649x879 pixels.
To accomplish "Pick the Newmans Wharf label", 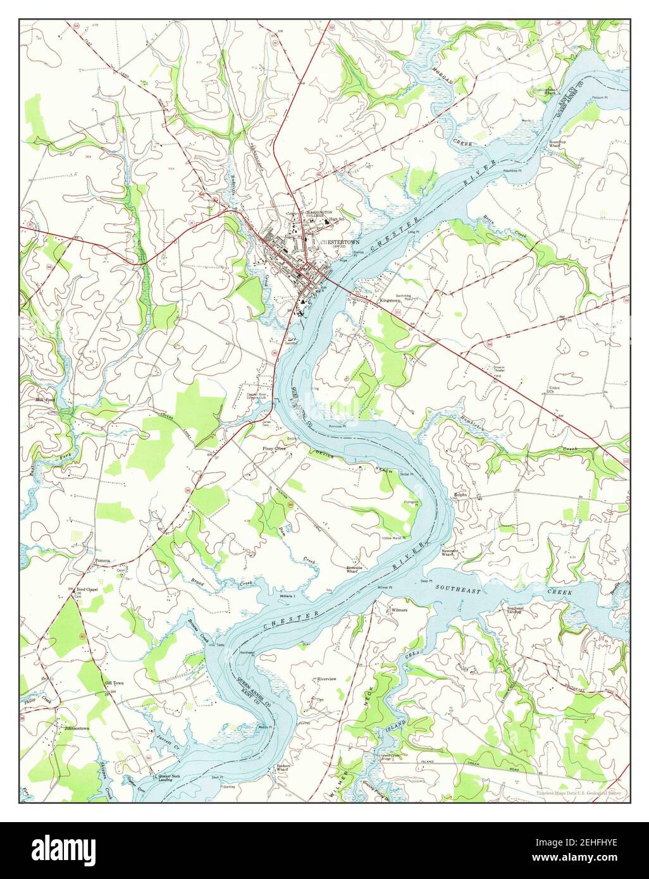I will [450, 552].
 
